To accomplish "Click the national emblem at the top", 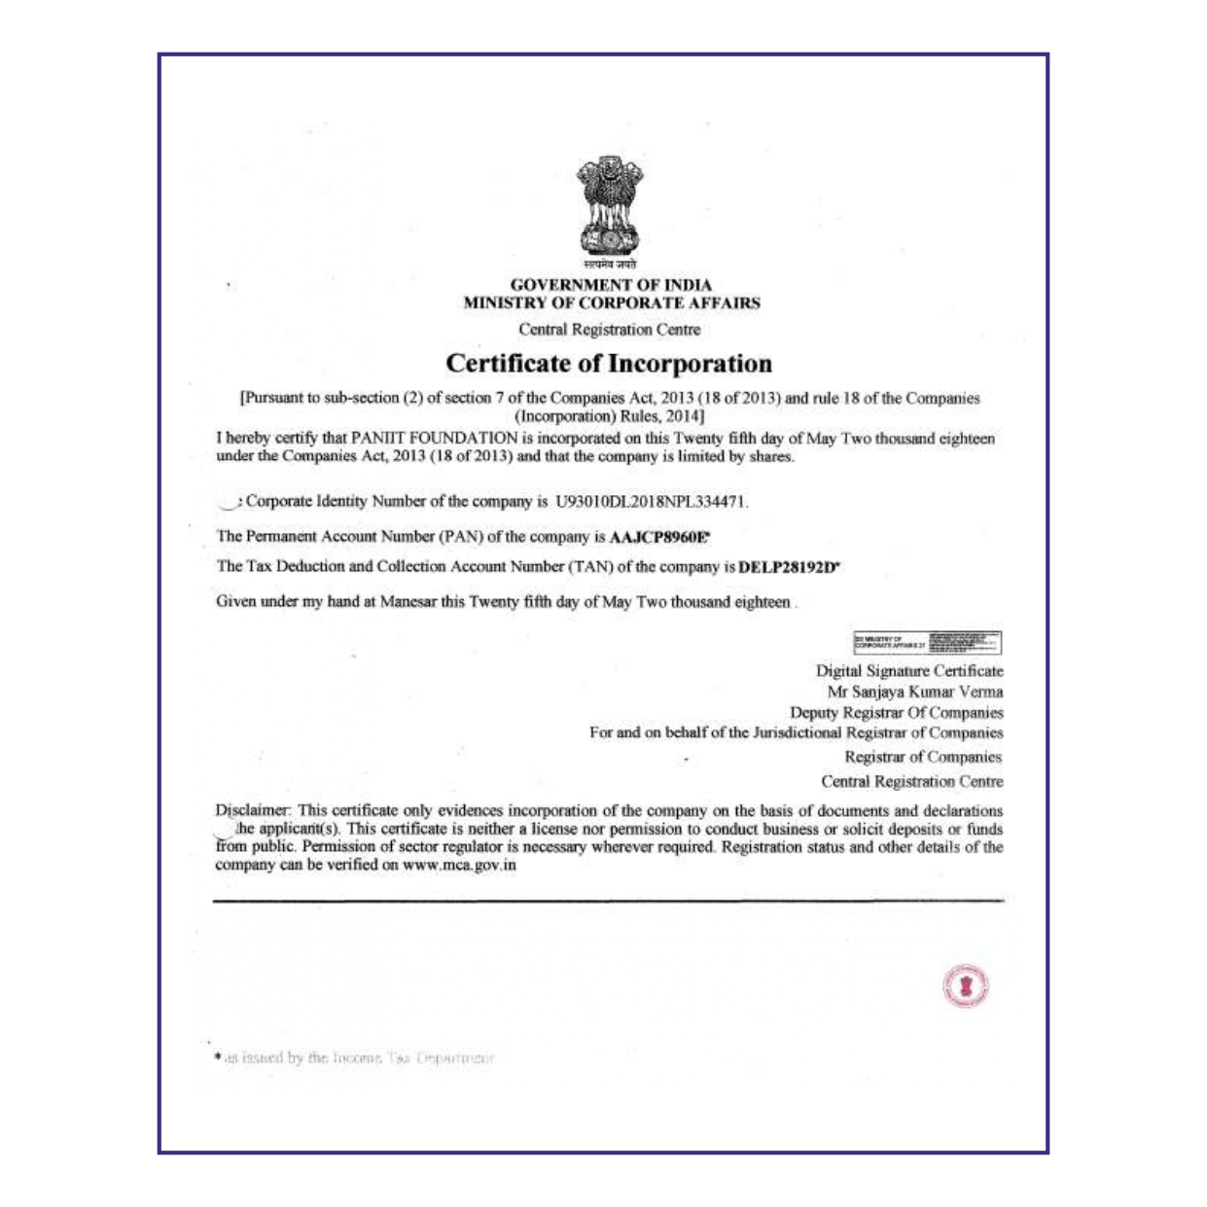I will coord(610,205).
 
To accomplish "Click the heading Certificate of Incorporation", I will coord(609,364).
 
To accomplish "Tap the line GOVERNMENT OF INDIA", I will coord(611,285).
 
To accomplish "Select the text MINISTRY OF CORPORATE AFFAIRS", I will coord(612,302).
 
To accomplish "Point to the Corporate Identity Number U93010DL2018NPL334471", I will coord(651,502).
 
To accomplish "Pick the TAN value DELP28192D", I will coord(789,567).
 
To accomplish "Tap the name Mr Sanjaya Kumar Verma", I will coord(915,692).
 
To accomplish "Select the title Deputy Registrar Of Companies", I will coord(896,713).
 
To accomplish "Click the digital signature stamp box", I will coord(927,642).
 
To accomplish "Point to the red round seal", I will coord(965,986).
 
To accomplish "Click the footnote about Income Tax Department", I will coord(355,1057).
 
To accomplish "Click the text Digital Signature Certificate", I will coord(909,671).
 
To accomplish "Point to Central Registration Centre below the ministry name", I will coord(609,330).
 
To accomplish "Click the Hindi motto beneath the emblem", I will coord(610,265).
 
